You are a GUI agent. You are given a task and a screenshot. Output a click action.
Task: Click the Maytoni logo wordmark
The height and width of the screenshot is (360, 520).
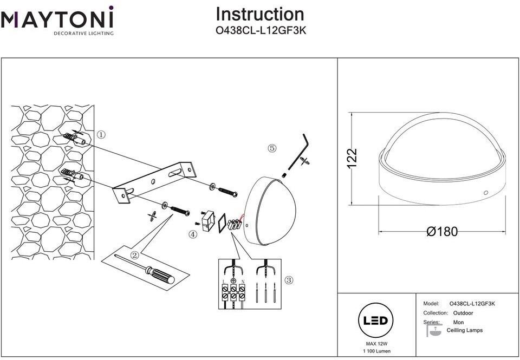pyautogui.click(x=57, y=19)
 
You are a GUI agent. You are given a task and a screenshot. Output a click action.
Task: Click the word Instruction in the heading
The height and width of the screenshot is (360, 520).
pyautogui.click(x=260, y=14)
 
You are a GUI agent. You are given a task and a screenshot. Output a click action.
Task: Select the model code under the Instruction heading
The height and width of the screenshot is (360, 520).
pyautogui.click(x=261, y=31)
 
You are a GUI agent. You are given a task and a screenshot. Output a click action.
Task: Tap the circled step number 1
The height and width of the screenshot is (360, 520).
pyautogui.click(x=101, y=134)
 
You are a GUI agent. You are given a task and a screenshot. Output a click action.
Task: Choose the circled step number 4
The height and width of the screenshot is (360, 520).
pyautogui.click(x=193, y=234)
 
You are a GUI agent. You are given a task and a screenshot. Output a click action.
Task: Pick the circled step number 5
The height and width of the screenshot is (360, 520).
pyautogui.click(x=272, y=148)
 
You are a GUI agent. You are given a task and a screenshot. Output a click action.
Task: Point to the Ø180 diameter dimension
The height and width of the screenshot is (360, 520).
pyautogui.click(x=441, y=232)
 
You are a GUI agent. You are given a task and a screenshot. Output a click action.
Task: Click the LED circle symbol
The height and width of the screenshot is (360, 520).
pyautogui.click(x=375, y=320)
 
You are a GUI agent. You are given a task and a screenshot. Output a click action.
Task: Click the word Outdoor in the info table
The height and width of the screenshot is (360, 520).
pyautogui.click(x=463, y=313)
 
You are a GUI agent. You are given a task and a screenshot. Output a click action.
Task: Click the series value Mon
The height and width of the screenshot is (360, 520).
pyautogui.click(x=458, y=322)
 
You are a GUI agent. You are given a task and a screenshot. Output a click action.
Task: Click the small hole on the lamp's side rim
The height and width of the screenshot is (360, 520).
pyautogui.click(x=485, y=193)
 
